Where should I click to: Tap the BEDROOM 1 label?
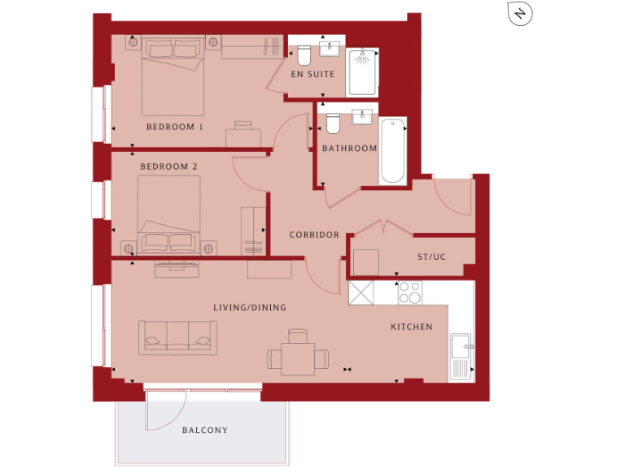(175, 128)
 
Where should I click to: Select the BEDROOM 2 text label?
(168, 167)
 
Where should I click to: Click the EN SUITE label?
(313, 75)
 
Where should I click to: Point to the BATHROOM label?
(349, 149)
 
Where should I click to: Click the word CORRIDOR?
(314, 235)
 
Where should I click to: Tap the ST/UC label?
(431, 257)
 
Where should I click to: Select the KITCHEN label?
(412, 327)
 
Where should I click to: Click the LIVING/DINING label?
(250, 308)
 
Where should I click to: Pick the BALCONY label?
(205, 431)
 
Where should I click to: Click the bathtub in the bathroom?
(392, 151)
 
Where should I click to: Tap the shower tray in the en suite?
(362, 72)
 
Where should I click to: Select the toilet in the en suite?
(304, 54)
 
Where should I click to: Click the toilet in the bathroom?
(332, 123)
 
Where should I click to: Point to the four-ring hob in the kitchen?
(410, 292)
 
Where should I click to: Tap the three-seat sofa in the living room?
(177, 336)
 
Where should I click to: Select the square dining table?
(298, 358)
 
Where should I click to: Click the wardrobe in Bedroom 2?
(254, 231)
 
